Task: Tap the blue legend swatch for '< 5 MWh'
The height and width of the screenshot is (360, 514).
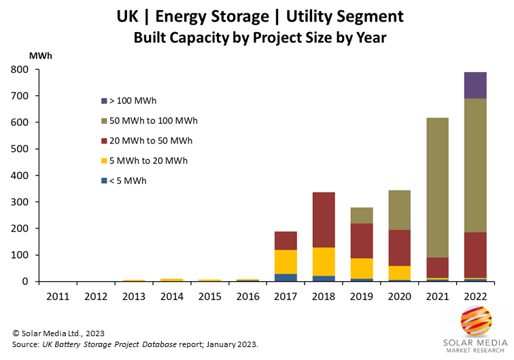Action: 103,181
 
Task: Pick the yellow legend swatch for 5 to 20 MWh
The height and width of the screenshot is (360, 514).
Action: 103,161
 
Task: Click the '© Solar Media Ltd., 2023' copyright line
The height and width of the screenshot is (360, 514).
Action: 60,333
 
